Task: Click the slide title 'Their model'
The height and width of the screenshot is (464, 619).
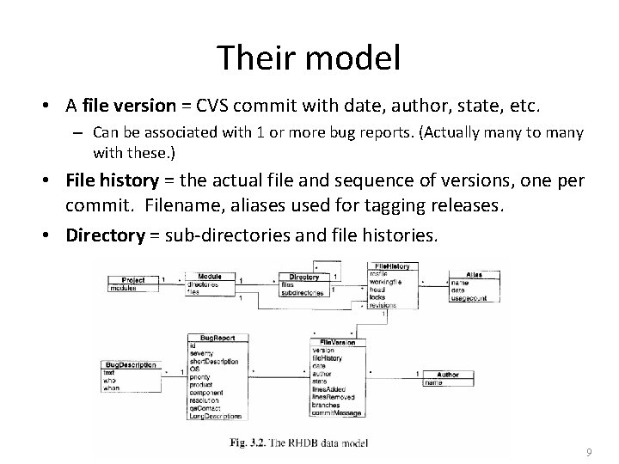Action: tap(309, 58)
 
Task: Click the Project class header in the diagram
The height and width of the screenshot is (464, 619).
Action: tap(133, 279)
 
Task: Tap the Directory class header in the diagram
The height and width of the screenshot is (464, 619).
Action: tap(304, 278)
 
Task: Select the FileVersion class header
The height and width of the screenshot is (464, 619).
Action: tap(338, 342)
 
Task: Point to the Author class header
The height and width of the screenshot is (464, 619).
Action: tap(447, 375)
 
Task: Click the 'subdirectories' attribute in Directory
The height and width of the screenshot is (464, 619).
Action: tap(302, 293)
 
